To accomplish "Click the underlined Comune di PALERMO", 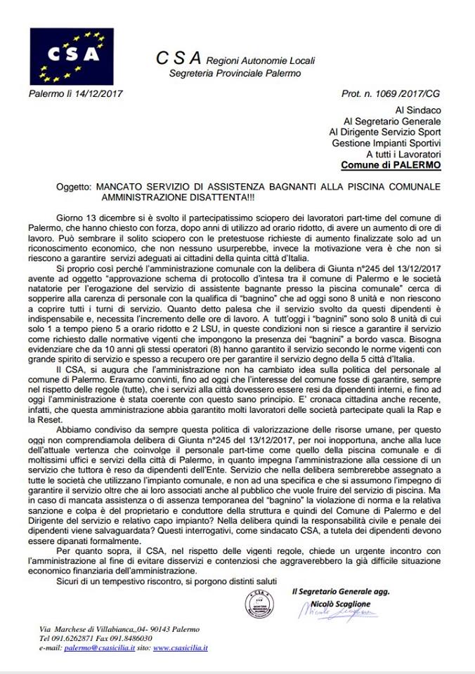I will point(391,166).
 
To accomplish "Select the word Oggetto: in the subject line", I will point(74,187).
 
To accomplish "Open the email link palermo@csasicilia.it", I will point(97,647).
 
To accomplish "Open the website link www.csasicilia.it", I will point(180,647).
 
